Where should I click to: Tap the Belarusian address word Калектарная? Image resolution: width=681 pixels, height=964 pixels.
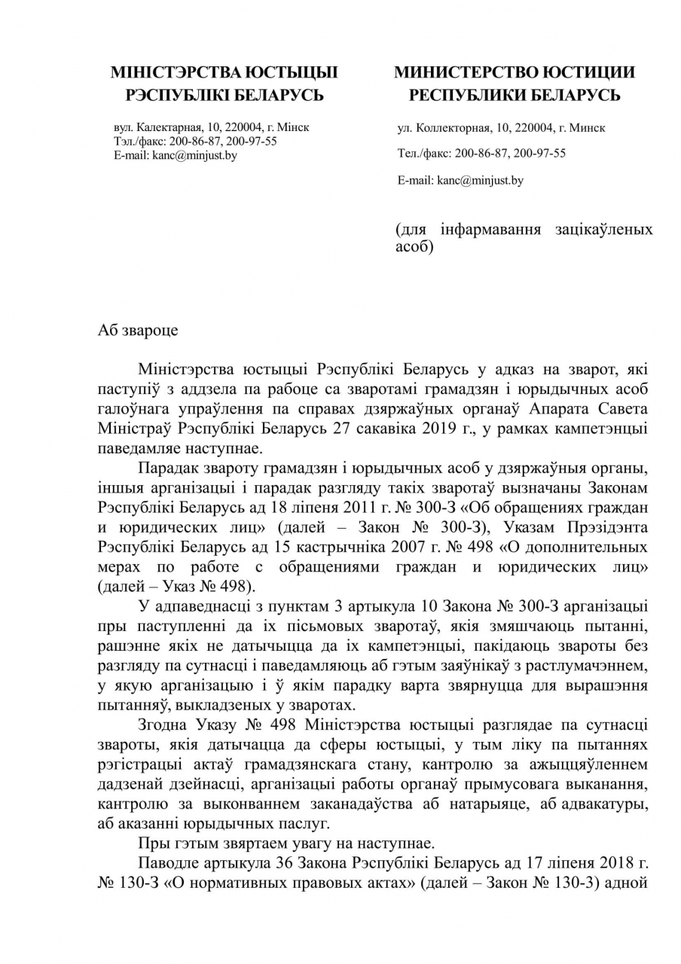167,128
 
